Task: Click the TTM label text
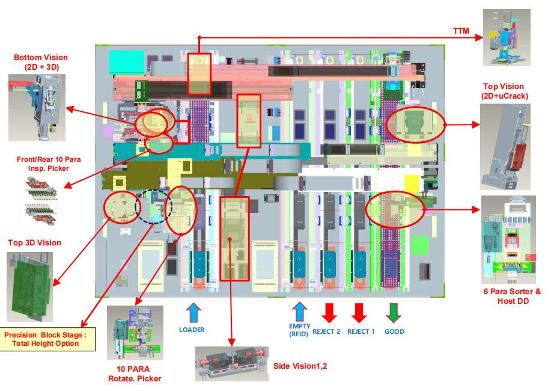(x=461, y=30)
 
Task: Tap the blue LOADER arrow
(x=192, y=313)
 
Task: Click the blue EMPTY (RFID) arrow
(x=299, y=312)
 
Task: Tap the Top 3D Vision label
(x=34, y=243)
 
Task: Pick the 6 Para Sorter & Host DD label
(x=512, y=296)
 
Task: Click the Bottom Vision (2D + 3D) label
(x=41, y=62)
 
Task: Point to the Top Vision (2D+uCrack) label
(x=504, y=91)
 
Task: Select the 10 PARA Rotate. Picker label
(x=135, y=374)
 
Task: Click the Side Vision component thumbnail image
(x=231, y=363)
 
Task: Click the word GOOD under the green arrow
(x=394, y=331)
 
